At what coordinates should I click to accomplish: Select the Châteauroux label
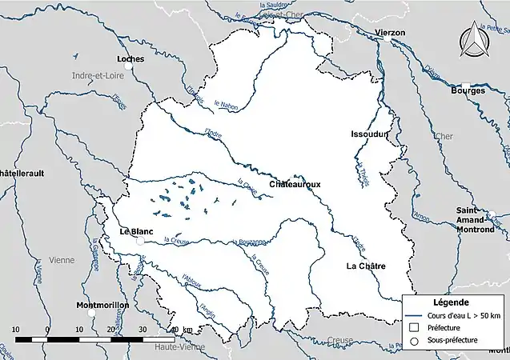295,184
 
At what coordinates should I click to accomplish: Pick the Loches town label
130,58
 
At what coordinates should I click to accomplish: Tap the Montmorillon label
101,306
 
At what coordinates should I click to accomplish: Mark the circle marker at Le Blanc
139,240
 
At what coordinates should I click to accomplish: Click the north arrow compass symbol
473,38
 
